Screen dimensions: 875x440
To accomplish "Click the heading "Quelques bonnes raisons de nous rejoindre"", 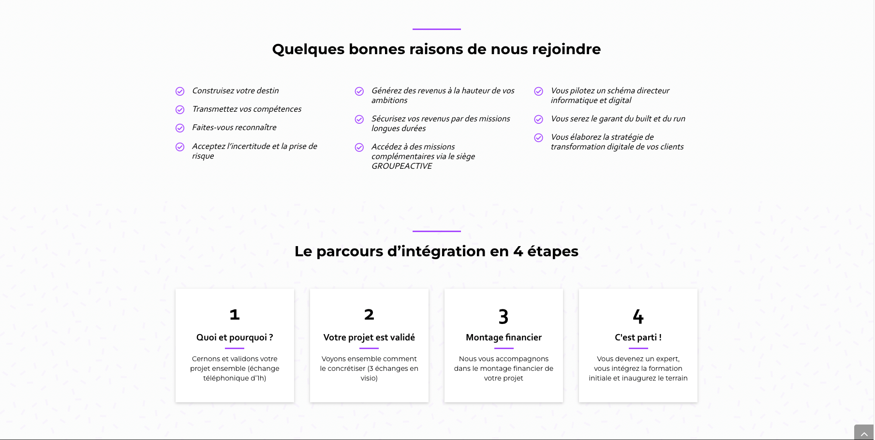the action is [436, 49].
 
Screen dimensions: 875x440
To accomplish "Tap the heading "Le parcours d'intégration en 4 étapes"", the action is [436, 251].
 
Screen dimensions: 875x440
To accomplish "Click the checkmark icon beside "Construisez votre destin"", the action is [180, 91].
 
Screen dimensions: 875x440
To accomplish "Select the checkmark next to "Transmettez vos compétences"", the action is [180, 110].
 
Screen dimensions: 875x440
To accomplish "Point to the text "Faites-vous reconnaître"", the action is [234, 128].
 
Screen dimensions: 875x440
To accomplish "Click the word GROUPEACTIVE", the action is [401, 166].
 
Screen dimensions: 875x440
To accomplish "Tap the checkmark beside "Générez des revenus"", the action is [359, 91].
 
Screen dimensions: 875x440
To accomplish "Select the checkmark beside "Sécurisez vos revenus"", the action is [359, 119].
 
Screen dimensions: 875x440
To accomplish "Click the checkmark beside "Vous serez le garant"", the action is [538, 119].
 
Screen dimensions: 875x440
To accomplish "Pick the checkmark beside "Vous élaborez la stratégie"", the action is [538, 138].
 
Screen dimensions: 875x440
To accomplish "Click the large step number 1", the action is [235, 315].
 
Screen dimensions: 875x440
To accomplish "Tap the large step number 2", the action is [369, 315].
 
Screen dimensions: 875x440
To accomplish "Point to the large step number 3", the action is [504, 317].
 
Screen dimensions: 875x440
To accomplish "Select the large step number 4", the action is [638, 317].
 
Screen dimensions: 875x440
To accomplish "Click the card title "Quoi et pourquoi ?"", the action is [235, 337].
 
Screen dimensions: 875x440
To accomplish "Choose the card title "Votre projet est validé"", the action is [369, 337].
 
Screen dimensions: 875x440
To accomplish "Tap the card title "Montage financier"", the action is [504, 337].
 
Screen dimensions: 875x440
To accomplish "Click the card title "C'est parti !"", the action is [638, 337].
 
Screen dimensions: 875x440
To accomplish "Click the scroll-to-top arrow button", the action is [864, 432].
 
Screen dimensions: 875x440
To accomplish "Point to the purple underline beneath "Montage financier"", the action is [504, 348].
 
